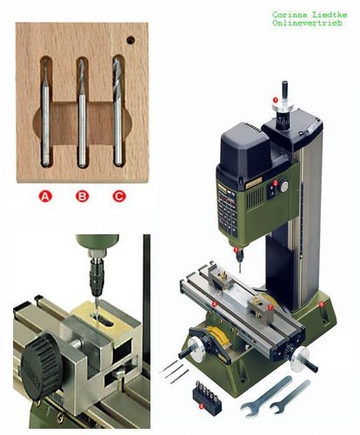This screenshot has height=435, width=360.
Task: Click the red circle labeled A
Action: tap(45, 197)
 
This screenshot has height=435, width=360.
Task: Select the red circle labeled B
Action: tap(83, 197)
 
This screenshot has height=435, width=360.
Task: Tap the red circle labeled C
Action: tap(119, 197)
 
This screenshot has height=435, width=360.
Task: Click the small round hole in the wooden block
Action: tap(130, 40)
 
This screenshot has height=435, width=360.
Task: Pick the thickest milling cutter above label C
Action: tap(117, 111)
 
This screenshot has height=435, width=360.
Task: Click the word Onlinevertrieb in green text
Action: tap(307, 23)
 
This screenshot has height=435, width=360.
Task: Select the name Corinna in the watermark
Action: tap(290, 14)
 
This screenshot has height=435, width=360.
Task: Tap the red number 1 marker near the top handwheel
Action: tap(276, 100)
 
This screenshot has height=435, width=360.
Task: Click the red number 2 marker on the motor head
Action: tap(276, 183)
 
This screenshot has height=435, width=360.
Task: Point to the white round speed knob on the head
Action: tap(284, 186)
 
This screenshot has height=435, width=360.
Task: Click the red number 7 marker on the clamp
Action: tap(270, 307)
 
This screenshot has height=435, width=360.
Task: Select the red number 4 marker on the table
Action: tap(214, 304)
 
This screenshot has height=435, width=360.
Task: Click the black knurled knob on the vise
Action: tap(42, 366)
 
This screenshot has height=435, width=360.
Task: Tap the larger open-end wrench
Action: tap(266, 396)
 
